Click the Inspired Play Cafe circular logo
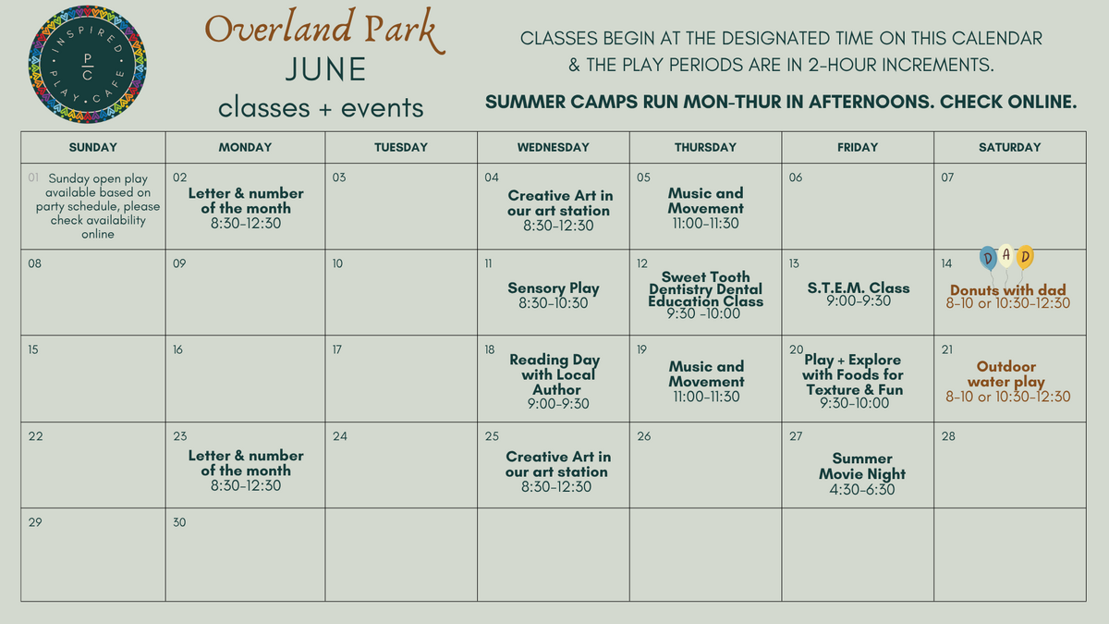click(x=87, y=65)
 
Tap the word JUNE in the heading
click(x=325, y=69)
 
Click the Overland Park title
click(x=325, y=29)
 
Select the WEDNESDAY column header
click(x=553, y=147)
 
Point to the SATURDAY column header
click(x=1009, y=147)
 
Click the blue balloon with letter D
click(x=988, y=258)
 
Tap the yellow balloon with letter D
click(x=1025, y=257)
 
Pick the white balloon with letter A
click(x=1006, y=255)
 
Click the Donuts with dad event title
click(x=1007, y=289)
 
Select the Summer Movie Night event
click(x=862, y=473)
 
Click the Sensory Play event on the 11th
click(x=553, y=295)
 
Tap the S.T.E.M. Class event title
click(x=858, y=288)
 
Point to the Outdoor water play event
click(x=1007, y=381)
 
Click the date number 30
click(x=179, y=522)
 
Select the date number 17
click(x=336, y=349)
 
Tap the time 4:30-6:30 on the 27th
click(x=862, y=490)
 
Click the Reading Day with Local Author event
click(x=555, y=381)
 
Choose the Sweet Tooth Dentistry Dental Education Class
click(x=705, y=295)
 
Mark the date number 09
click(x=179, y=263)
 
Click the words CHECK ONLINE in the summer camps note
click(x=1008, y=102)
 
